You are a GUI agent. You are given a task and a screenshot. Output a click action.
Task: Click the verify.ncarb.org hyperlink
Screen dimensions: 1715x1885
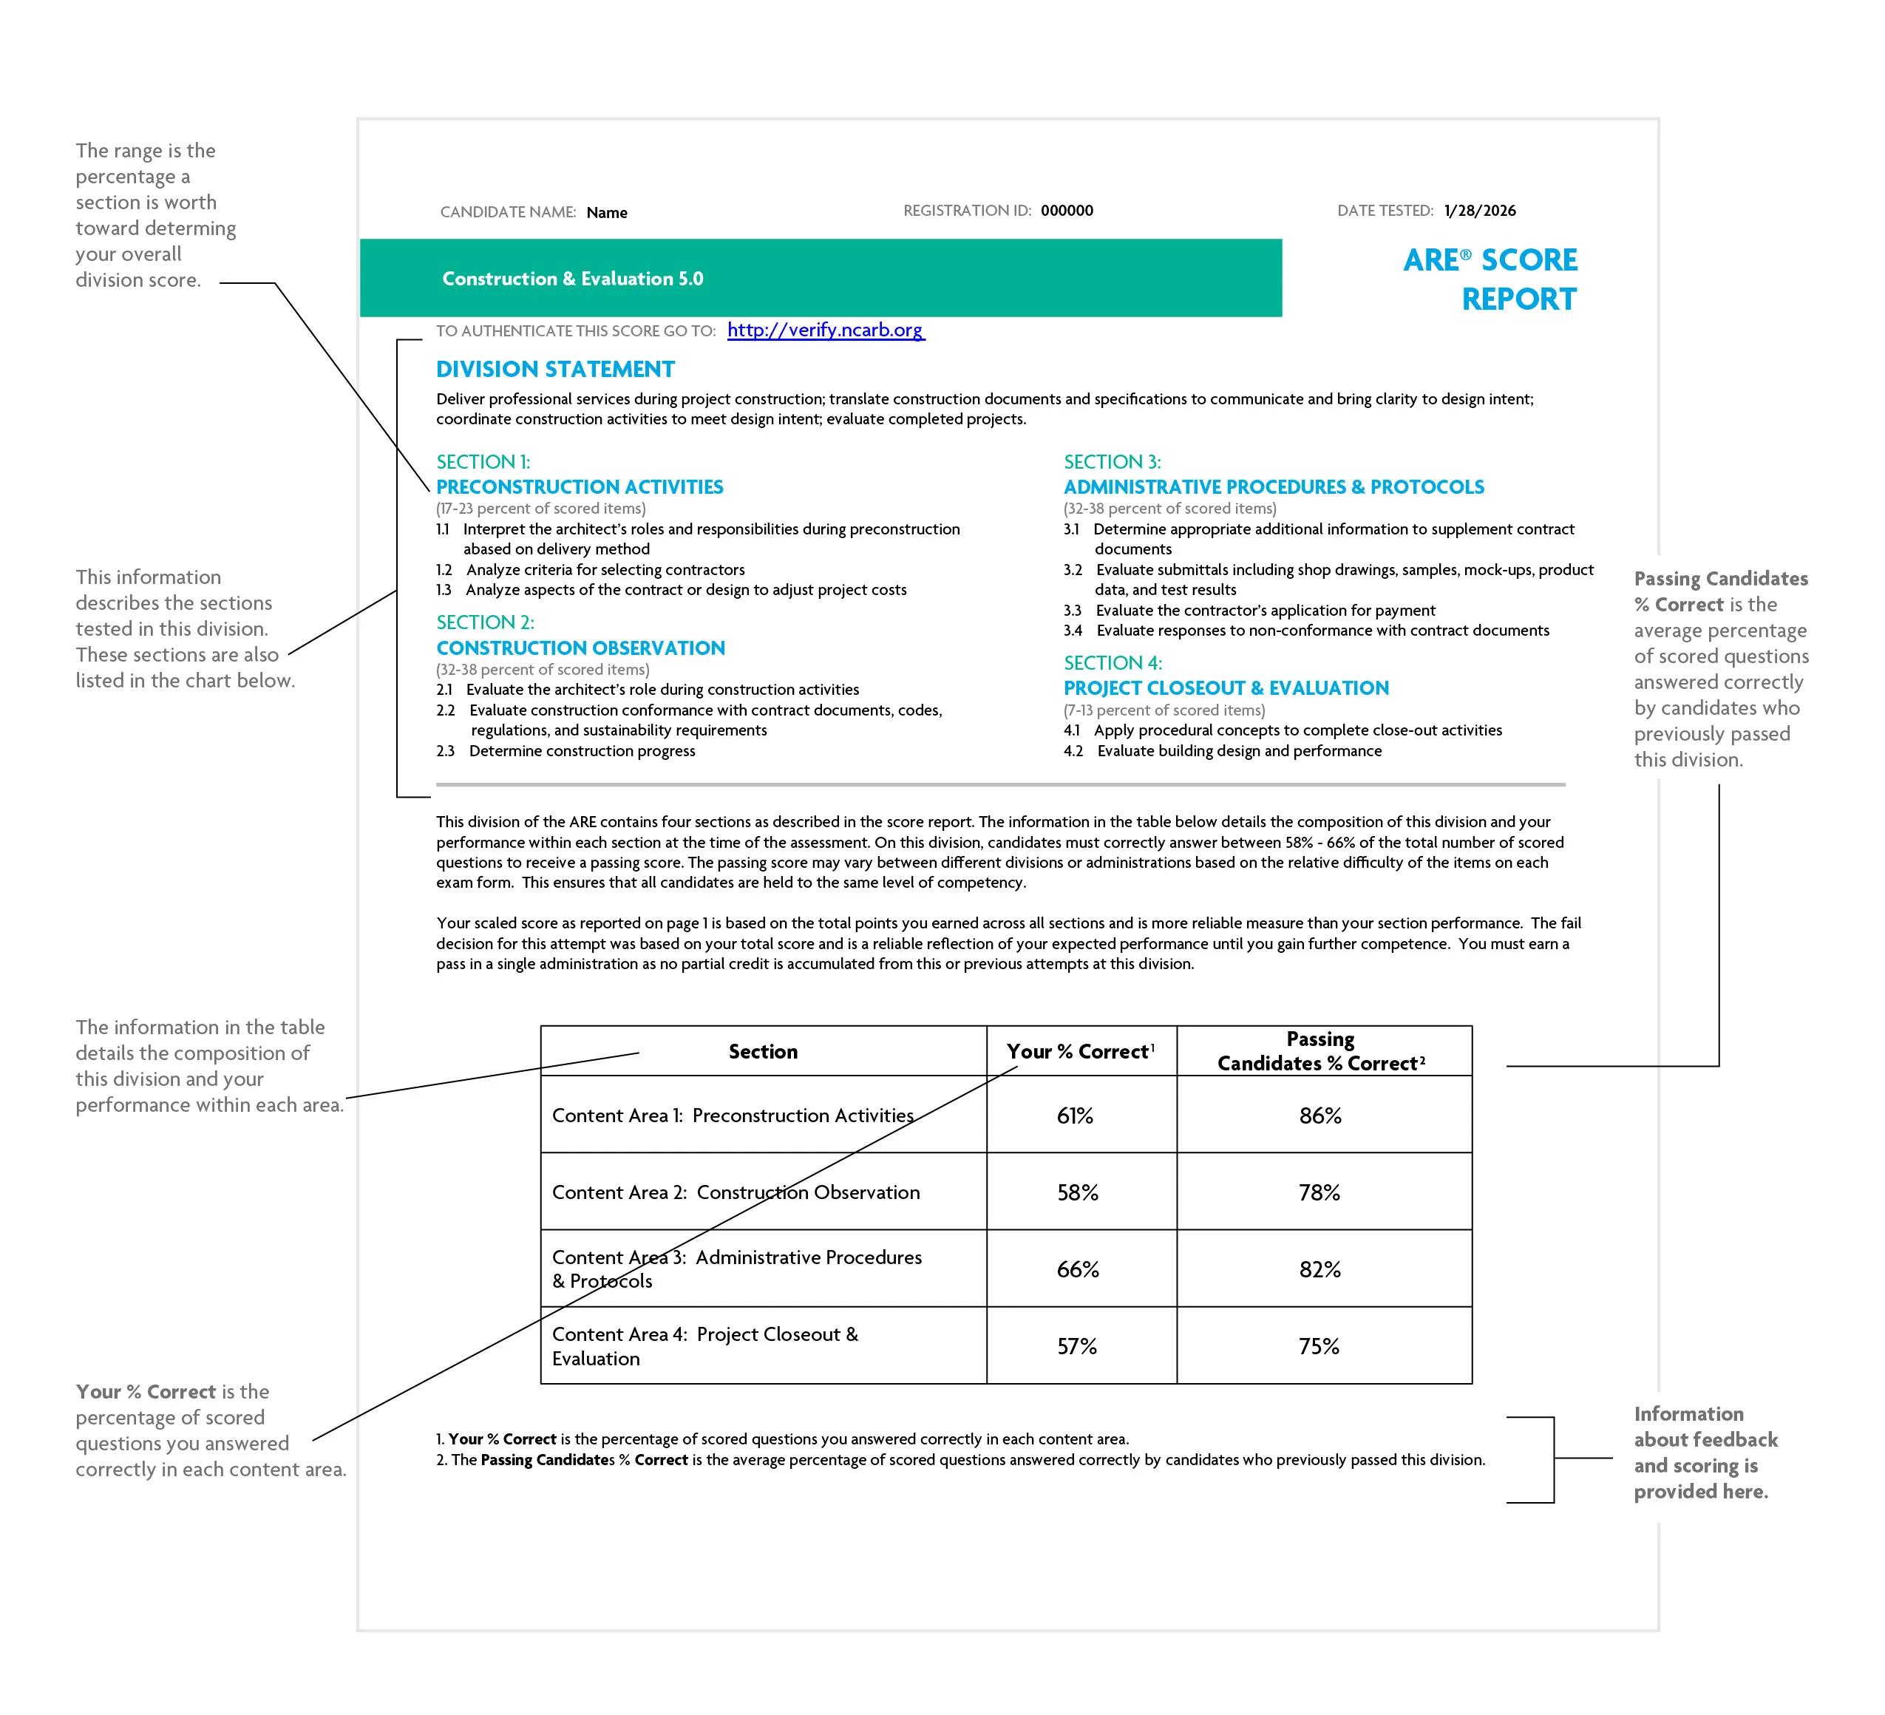[826, 330]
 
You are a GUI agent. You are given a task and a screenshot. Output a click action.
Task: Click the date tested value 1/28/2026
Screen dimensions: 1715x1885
[1479, 211]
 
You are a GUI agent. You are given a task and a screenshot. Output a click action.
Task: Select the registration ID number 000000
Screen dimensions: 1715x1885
[1066, 211]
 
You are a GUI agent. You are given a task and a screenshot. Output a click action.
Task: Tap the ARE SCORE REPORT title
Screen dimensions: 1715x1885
[1490, 279]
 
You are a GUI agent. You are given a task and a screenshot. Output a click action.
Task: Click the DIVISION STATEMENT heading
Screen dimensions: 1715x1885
[555, 370]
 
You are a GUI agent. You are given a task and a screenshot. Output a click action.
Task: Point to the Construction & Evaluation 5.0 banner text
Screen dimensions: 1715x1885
[572, 279]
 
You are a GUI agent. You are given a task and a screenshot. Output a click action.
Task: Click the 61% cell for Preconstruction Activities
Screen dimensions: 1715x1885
[1076, 1115]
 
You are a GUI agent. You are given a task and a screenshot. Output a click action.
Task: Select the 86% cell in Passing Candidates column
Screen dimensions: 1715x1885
[1319, 1115]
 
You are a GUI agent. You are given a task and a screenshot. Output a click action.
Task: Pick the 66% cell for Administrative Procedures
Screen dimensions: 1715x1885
[1077, 1269]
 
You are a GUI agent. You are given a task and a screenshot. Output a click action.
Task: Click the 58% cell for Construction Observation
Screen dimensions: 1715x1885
[1077, 1192]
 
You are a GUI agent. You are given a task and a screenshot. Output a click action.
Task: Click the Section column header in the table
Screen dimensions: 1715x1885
[763, 1052]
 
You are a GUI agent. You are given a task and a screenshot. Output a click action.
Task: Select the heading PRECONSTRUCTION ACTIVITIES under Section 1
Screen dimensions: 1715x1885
[580, 487]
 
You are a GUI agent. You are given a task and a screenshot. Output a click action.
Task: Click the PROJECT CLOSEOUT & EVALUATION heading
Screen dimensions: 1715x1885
[1226, 688]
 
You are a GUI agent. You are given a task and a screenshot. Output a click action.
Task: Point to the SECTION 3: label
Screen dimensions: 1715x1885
[1112, 462]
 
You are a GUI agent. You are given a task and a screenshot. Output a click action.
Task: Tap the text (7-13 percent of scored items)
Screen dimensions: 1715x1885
[1164, 710]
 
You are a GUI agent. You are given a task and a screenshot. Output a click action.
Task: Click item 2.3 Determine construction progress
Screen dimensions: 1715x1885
[582, 751]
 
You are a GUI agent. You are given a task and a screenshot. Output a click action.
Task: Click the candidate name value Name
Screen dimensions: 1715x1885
[607, 213]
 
